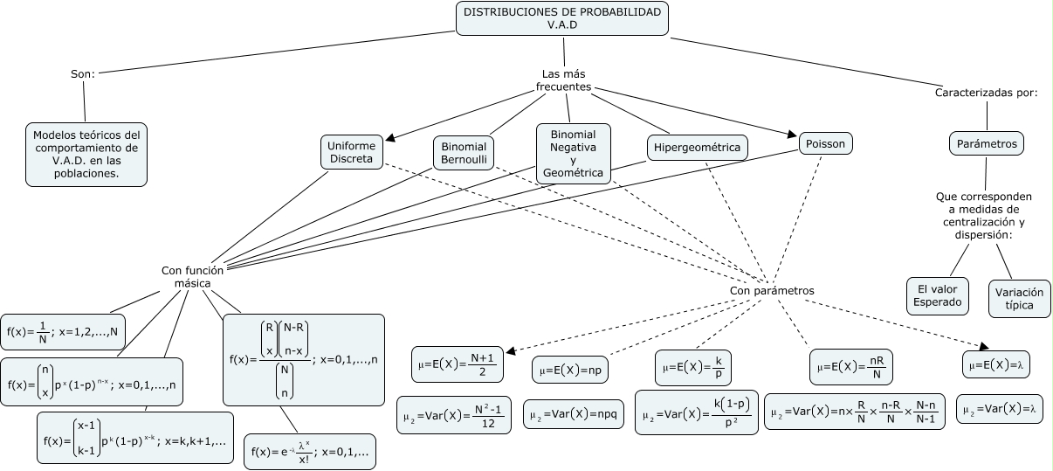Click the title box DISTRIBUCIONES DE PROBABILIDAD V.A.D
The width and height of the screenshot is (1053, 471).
tap(563, 17)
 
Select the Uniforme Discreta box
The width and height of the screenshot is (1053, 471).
tap(351, 151)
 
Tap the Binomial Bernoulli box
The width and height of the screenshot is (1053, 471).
tap(464, 152)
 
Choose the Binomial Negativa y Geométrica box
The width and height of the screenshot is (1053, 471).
tap(573, 153)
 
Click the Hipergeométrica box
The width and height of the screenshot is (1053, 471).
tap(697, 148)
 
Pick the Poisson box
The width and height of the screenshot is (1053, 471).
tap(825, 142)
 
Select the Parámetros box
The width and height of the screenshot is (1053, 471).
tap(986, 142)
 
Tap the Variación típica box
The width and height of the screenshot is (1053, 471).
tap(1019, 298)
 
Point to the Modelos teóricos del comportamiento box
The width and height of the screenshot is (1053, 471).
tap(86, 154)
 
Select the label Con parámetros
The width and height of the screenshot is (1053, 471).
tap(771, 290)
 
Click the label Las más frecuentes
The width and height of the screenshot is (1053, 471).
tap(563, 80)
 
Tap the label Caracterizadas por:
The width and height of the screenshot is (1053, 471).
tap(986, 92)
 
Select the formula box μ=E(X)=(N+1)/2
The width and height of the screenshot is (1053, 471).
tap(458, 364)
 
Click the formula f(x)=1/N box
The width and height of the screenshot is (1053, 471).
tap(64, 331)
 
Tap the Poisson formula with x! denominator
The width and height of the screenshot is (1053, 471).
tap(309, 452)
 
